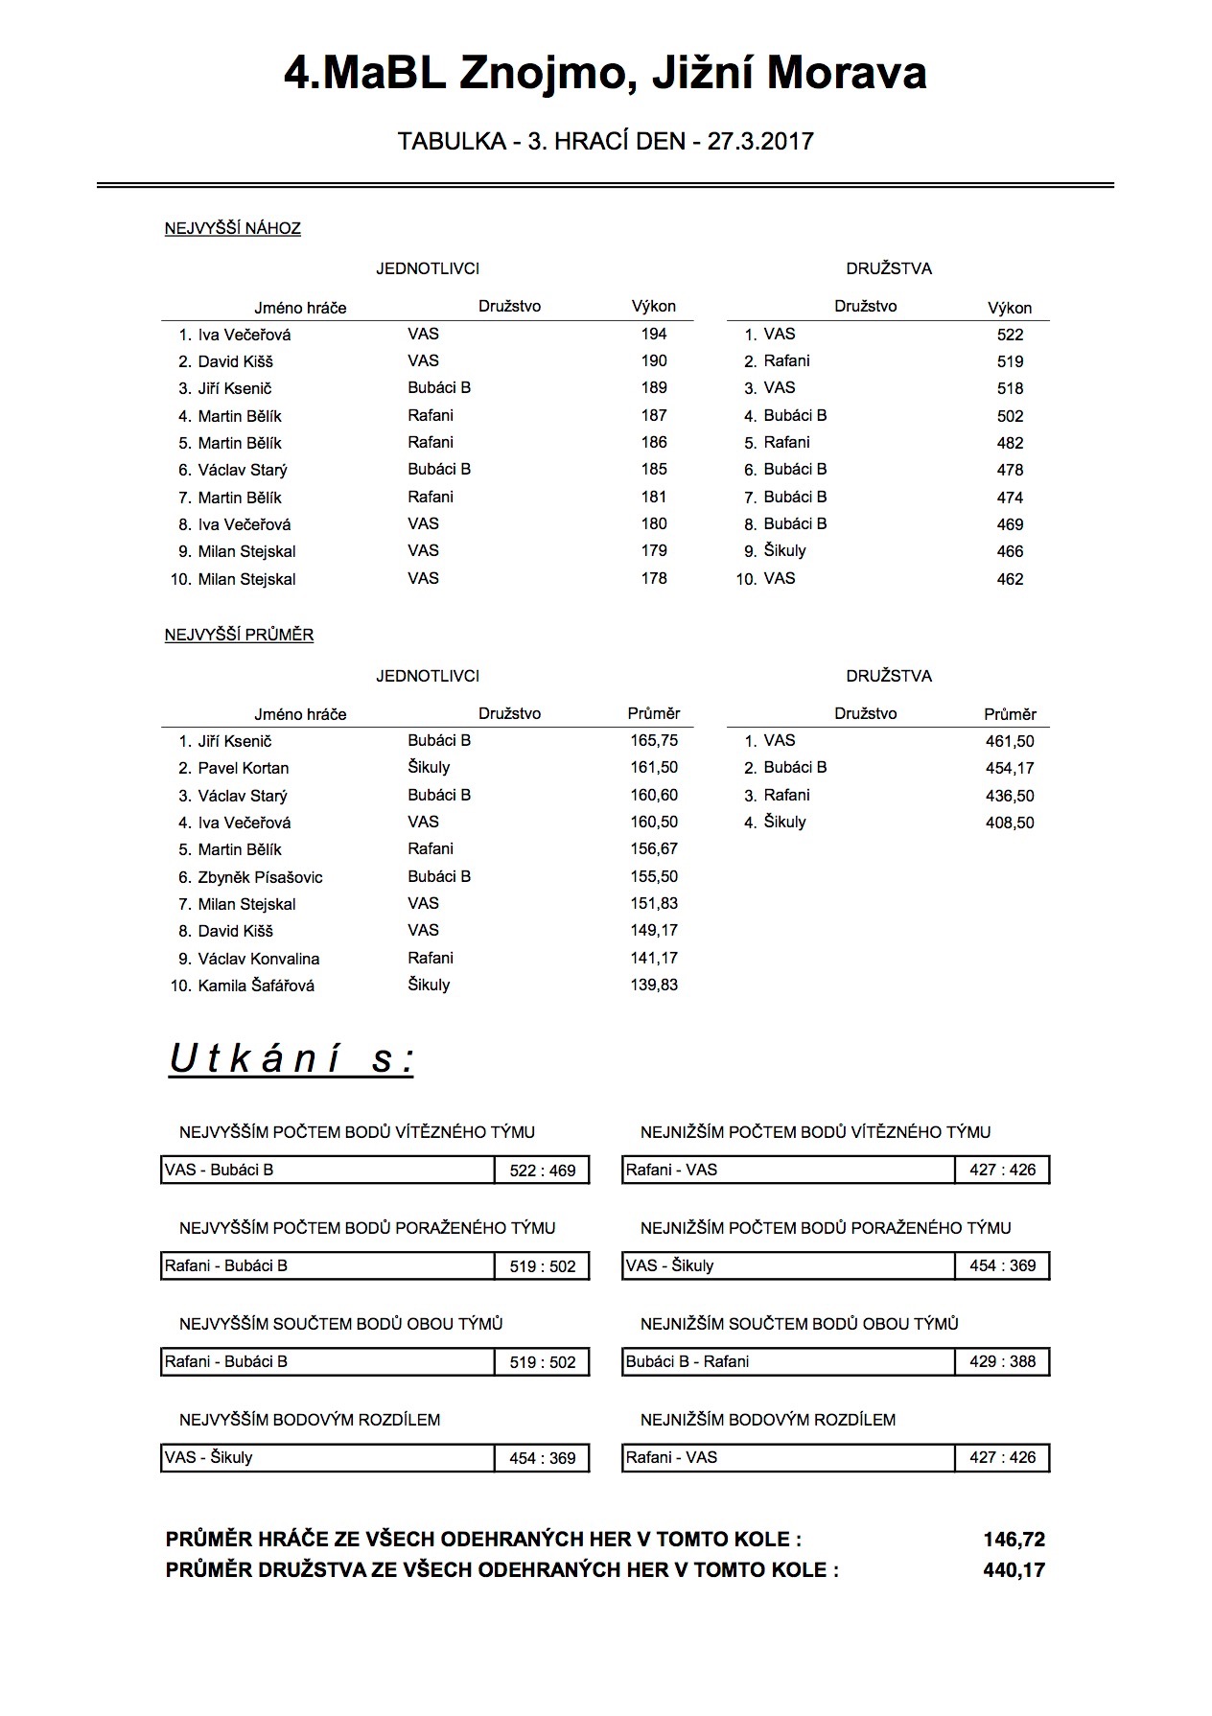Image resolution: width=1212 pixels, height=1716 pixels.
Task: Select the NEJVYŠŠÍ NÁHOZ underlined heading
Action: [x=233, y=228]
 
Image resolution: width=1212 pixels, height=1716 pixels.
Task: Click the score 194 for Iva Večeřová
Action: [x=654, y=334]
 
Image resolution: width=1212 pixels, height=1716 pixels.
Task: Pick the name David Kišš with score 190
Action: [x=235, y=361]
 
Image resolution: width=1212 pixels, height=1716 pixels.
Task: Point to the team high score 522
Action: [x=1010, y=335]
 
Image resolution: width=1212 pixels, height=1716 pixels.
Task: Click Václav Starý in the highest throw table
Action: [x=243, y=470]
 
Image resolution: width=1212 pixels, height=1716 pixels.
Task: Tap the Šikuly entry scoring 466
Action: [x=784, y=550]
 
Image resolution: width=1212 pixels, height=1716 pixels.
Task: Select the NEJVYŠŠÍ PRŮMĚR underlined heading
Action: [x=239, y=635]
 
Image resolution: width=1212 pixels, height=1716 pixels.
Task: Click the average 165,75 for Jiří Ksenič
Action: [x=654, y=740]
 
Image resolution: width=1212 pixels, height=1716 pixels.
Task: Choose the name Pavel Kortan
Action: [x=244, y=768]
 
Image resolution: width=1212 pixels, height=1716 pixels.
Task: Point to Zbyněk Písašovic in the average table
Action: [x=260, y=877]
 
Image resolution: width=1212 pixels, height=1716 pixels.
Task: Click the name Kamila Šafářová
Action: [x=256, y=986]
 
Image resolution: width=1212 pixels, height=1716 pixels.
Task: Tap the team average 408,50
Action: [x=1010, y=823]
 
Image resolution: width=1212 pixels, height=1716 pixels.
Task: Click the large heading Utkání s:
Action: [x=291, y=1059]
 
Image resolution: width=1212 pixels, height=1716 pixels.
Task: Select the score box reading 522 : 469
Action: [x=543, y=1171]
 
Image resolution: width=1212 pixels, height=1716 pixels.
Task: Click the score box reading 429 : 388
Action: [x=1002, y=1361]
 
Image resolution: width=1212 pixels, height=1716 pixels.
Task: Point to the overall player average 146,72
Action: [x=1014, y=1540]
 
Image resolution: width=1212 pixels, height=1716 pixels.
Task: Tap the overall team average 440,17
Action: [x=1014, y=1570]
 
